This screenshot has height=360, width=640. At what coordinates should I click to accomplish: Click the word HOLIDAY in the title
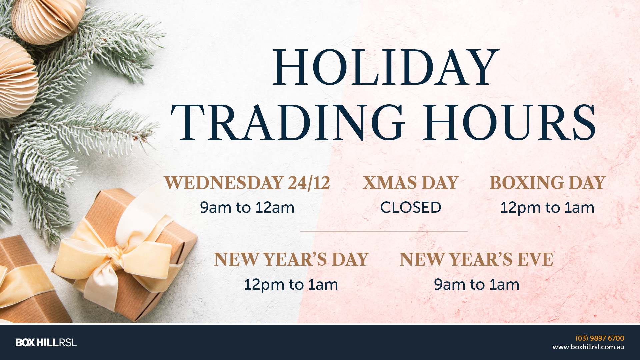386,68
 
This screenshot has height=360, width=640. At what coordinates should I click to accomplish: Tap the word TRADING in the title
288,122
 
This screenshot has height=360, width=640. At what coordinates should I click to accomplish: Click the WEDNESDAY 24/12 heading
247,183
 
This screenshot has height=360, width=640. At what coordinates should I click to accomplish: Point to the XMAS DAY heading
411,183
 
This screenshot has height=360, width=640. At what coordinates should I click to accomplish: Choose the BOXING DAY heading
547,183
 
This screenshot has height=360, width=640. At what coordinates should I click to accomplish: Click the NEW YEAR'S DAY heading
291,259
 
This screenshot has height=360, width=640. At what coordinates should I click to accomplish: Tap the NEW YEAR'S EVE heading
477,259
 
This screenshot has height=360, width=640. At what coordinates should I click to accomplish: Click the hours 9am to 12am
247,208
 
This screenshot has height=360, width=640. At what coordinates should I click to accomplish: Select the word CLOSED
411,207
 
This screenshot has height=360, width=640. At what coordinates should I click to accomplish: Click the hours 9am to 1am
477,285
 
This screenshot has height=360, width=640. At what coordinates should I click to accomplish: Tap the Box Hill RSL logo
46,342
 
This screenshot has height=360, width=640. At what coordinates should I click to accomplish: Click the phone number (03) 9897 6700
600,338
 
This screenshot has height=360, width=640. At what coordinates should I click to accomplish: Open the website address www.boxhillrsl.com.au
588,347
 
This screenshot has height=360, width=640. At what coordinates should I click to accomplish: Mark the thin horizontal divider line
384,231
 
